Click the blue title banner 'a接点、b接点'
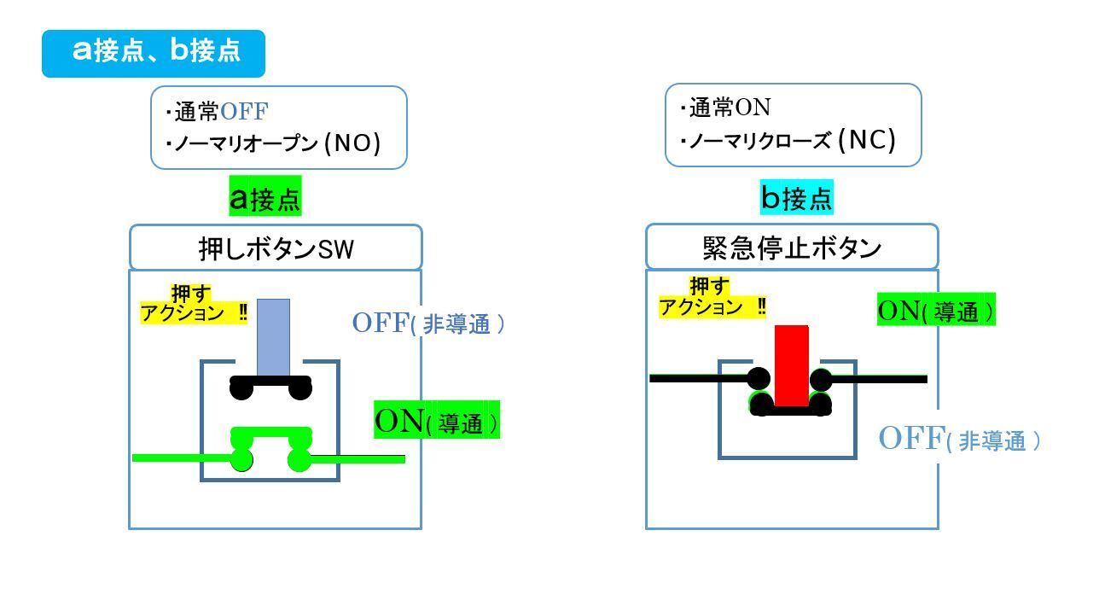coord(154,53)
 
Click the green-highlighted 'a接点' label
coord(265,197)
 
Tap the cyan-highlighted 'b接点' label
coord(796,198)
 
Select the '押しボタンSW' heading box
coord(276,248)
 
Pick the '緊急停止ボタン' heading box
coord(791,248)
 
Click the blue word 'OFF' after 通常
coord(244,112)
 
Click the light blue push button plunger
coord(274,336)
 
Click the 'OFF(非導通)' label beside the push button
coord(428,323)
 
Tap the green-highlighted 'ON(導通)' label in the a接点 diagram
coord(437,421)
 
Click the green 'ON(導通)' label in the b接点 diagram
coord(935,310)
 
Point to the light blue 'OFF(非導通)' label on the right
coord(960,440)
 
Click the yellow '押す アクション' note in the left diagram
coord(194,305)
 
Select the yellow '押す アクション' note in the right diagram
coord(712,297)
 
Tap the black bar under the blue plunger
coord(271,381)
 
